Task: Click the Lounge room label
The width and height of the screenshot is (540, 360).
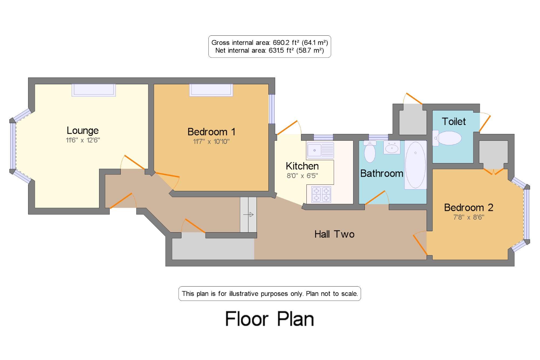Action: point(83,131)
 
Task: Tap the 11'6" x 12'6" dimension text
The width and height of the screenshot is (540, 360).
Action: point(83,140)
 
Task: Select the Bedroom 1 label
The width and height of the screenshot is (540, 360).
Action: point(211,132)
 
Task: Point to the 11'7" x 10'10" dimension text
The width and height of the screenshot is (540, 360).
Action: point(211,142)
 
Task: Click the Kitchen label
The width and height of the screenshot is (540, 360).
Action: point(302,166)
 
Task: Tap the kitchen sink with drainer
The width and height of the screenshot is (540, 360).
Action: point(320,150)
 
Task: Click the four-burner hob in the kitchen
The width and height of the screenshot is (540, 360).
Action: point(321,194)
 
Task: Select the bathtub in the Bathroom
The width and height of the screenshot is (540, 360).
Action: point(415,165)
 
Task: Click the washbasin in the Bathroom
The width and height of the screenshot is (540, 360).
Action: point(392,147)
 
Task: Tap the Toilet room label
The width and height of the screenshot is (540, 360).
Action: point(454,122)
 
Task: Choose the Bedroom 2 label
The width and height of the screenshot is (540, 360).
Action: point(469,207)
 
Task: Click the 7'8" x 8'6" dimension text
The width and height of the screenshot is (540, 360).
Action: point(469,217)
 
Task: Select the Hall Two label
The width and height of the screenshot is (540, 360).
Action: point(335,234)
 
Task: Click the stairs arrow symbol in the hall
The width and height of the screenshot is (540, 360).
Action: point(248,215)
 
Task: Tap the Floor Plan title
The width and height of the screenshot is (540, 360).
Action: point(270,319)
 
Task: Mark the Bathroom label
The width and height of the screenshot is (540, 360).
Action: point(382,173)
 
